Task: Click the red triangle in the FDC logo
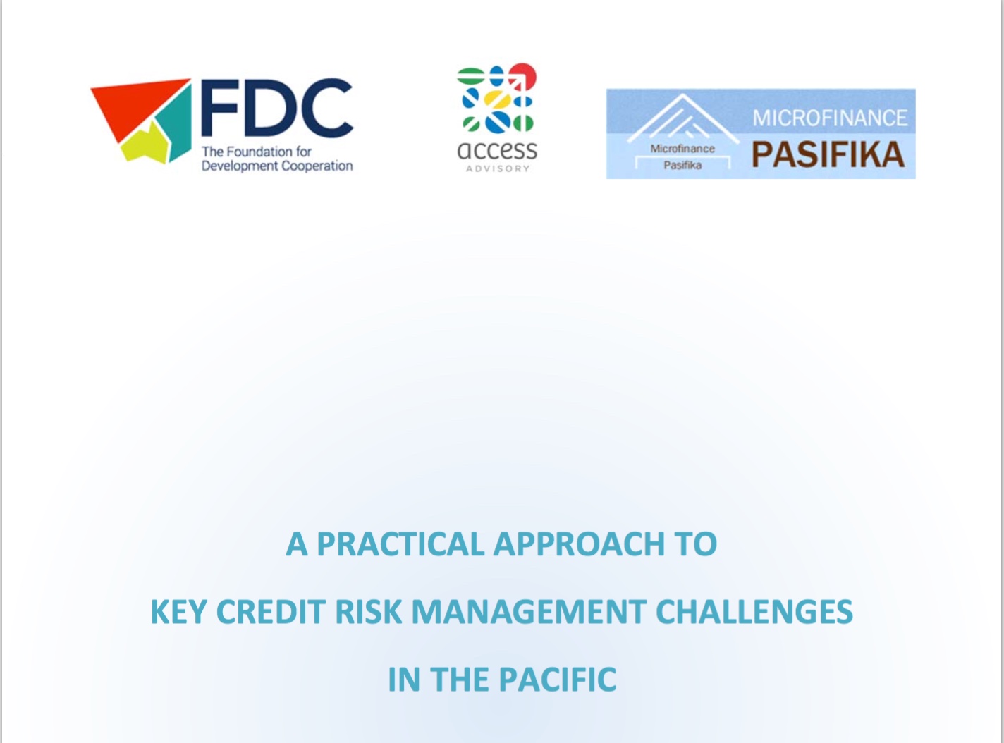coord(131,106)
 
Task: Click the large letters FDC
coord(276,109)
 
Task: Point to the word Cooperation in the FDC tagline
coord(317,166)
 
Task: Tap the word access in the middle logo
coord(497,151)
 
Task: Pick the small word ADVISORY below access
coord(498,169)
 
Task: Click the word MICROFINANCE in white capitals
coord(830,118)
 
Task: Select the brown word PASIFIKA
coord(828,154)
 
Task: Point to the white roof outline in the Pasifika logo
coord(682,118)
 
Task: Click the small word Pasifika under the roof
coord(682,165)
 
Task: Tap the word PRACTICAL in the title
coord(400,544)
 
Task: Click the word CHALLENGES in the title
coord(754,612)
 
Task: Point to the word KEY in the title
coord(178,612)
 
